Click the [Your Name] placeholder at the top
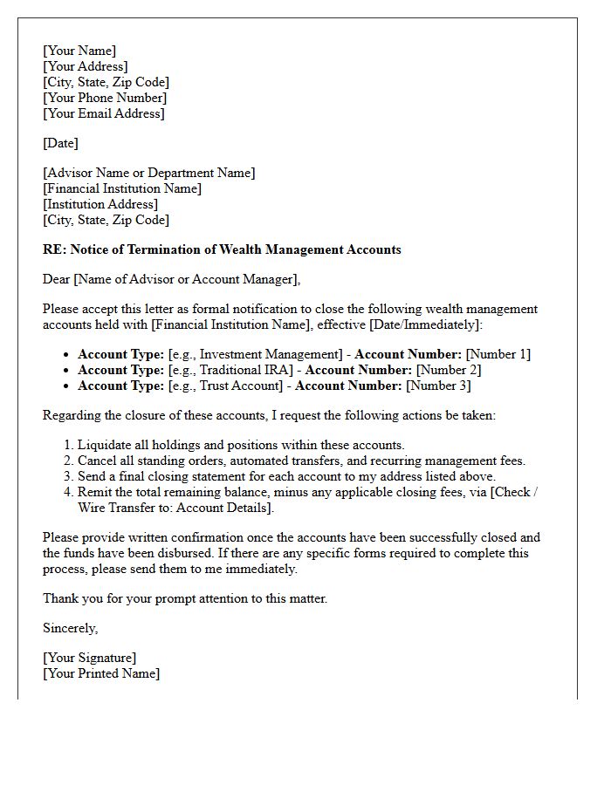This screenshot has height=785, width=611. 79,51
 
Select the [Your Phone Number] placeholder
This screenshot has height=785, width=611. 105,98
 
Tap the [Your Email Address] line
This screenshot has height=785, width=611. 104,113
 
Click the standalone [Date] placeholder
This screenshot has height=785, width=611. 60,143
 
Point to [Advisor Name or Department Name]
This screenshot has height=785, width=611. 149,173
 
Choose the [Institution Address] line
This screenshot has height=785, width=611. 100,204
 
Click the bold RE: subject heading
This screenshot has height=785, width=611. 222,249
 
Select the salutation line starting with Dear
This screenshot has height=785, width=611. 171,279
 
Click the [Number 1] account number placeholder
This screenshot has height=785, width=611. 498,354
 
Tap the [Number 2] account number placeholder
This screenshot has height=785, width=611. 448,370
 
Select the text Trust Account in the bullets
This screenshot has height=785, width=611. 235,386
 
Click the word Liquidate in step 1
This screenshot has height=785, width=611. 106,445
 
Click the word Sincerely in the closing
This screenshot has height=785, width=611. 70,628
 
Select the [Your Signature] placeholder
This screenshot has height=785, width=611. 90,658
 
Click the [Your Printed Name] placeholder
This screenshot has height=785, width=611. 101,673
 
